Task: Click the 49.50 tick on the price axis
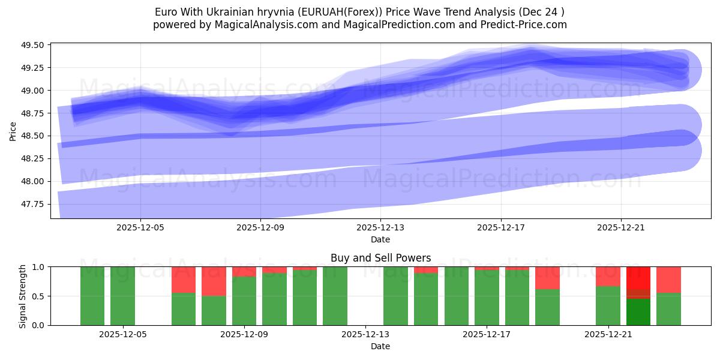(34, 45)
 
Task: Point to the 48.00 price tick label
(34, 181)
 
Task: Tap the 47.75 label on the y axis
(34, 204)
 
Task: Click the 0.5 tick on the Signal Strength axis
(38, 296)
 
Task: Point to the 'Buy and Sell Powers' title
(380, 259)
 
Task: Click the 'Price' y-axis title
(13, 131)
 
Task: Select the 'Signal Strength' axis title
(23, 296)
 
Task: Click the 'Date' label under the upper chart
(380, 239)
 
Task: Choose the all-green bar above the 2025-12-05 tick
(122, 296)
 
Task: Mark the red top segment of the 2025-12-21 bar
(608, 276)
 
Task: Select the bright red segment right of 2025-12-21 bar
(638, 277)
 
